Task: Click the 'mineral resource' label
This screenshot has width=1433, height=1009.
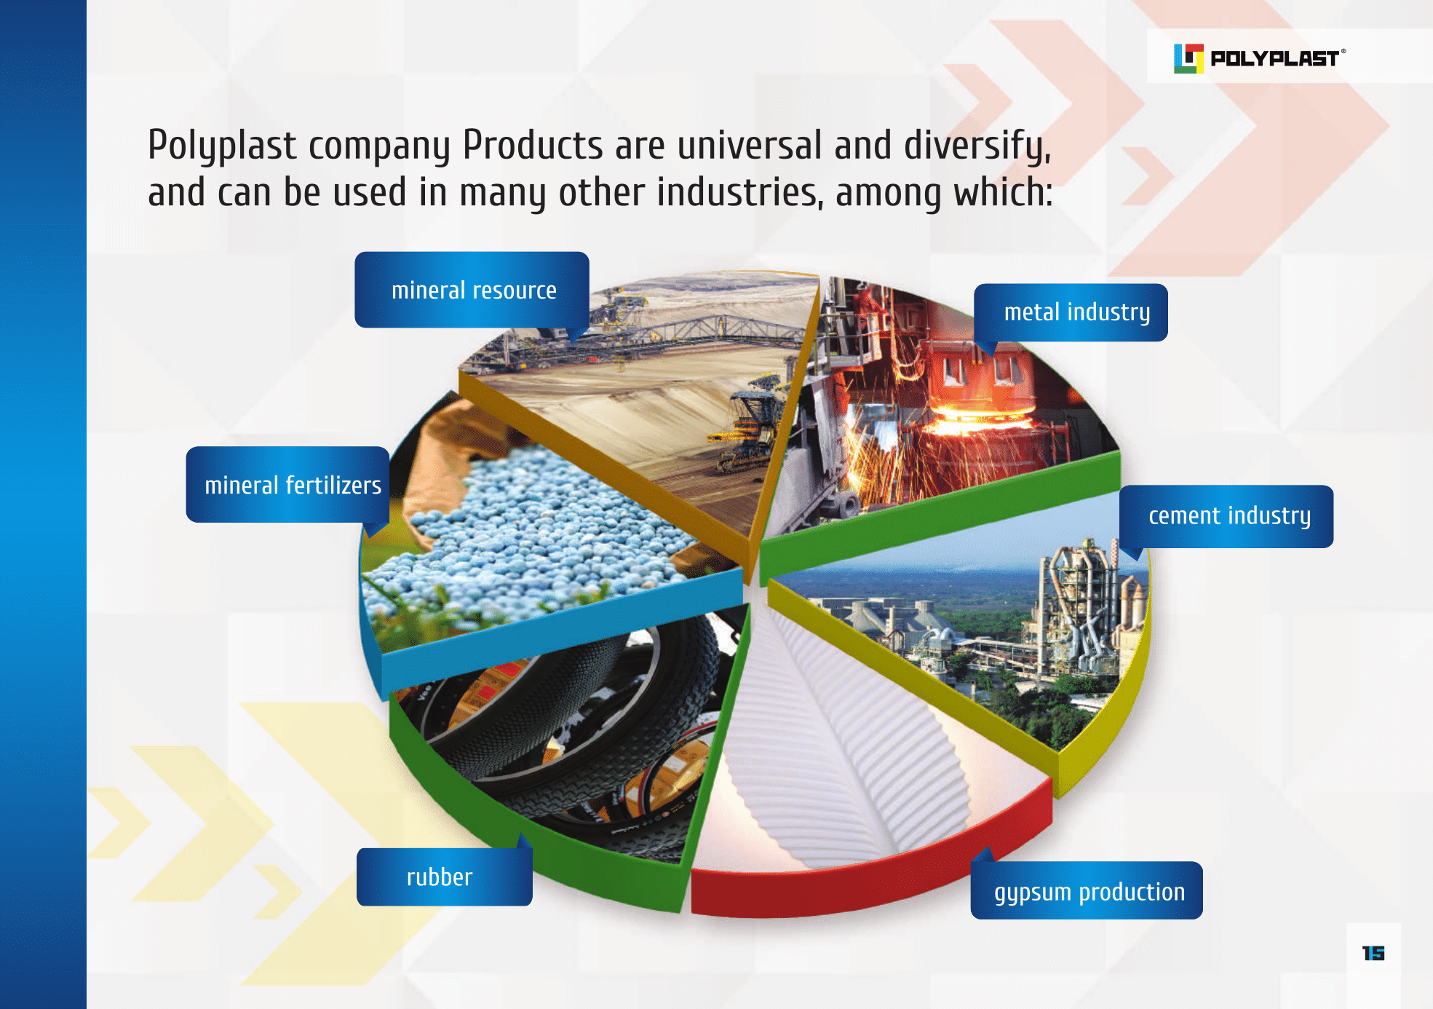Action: (x=472, y=290)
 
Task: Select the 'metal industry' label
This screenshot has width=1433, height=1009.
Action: (x=1071, y=312)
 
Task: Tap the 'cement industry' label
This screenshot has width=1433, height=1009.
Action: (x=1227, y=516)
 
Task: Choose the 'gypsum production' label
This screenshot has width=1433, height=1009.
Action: (x=1087, y=890)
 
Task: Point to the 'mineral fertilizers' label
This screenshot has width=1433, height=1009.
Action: (x=288, y=485)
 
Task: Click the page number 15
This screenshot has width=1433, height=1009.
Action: (x=1373, y=953)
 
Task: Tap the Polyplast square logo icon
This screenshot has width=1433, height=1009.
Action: (x=1188, y=58)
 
